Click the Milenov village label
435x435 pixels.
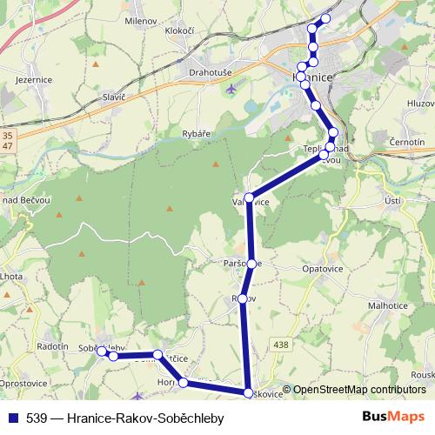pyautogui.click(x=140, y=20)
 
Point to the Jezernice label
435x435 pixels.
pyautogui.click(x=36, y=79)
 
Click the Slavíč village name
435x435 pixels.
pyautogui.click(x=115, y=97)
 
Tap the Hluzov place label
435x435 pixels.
pyautogui.click(x=417, y=103)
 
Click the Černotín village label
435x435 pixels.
pyautogui.click(x=408, y=141)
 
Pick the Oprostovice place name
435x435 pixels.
pyautogui.click(x=23, y=383)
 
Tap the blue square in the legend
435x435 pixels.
pyautogui.click(x=12, y=418)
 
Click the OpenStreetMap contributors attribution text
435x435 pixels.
pyautogui.click(x=359, y=390)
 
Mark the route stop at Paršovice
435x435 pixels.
pyautogui.click(x=251, y=263)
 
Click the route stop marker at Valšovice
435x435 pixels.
pyautogui.click(x=250, y=198)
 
